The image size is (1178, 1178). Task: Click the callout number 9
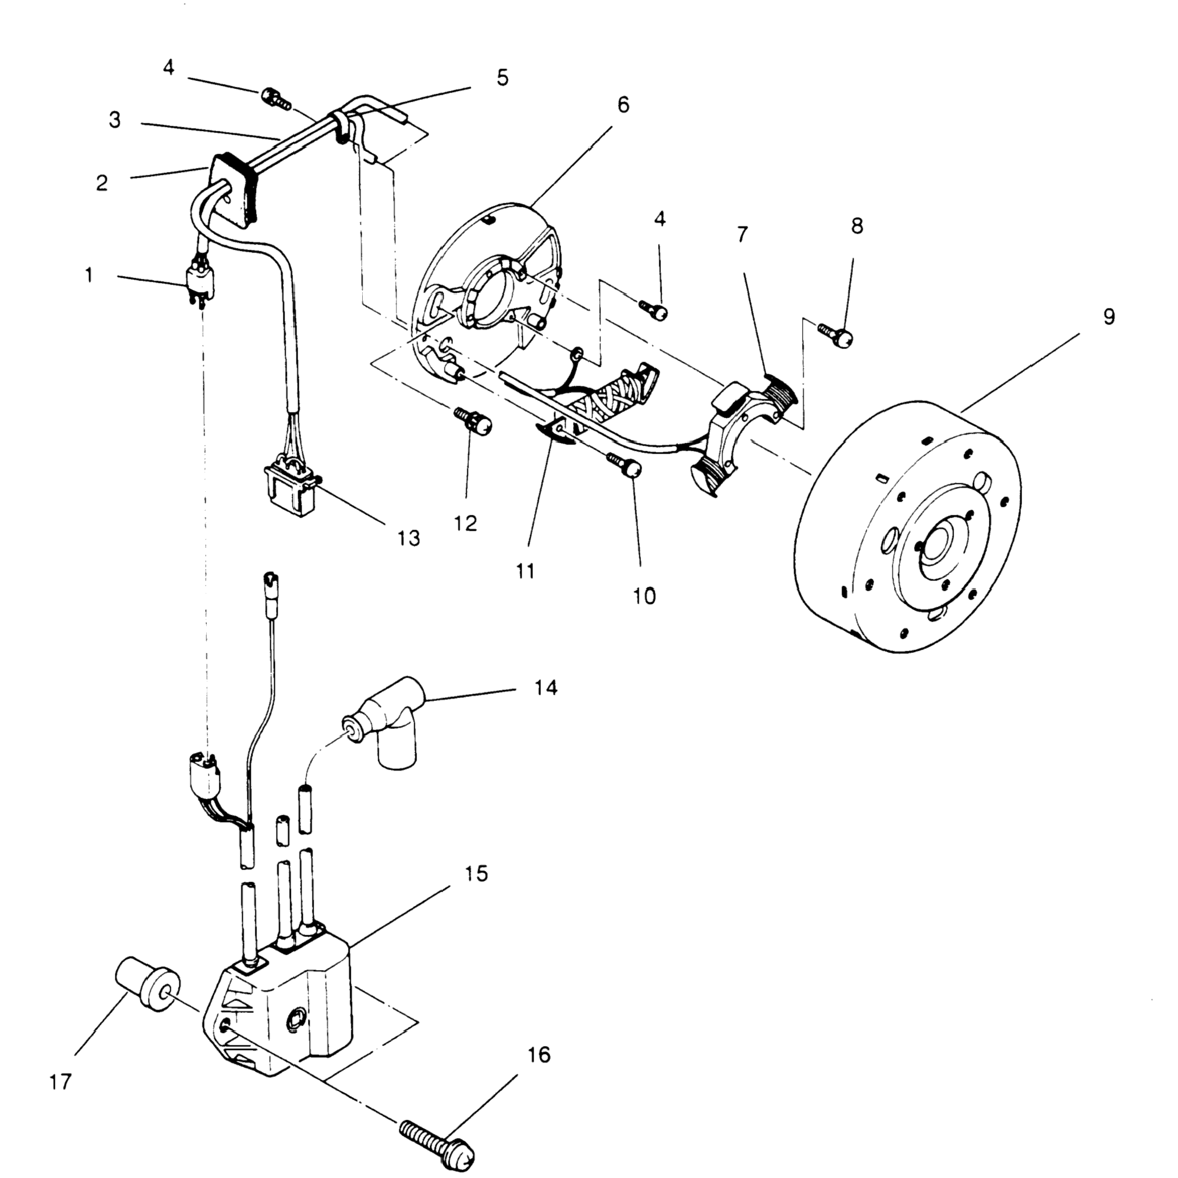click(1108, 316)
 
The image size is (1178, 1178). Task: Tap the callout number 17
click(61, 1081)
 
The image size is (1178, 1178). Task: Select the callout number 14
click(546, 688)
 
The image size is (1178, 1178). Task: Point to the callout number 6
click(623, 105)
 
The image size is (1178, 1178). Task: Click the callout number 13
click(408, 538)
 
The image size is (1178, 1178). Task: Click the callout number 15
click(476, 874)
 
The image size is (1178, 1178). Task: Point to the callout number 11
click(525, 571)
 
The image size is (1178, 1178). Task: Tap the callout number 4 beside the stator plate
click(660, 219)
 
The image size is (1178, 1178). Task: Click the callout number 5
click(502, 78)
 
